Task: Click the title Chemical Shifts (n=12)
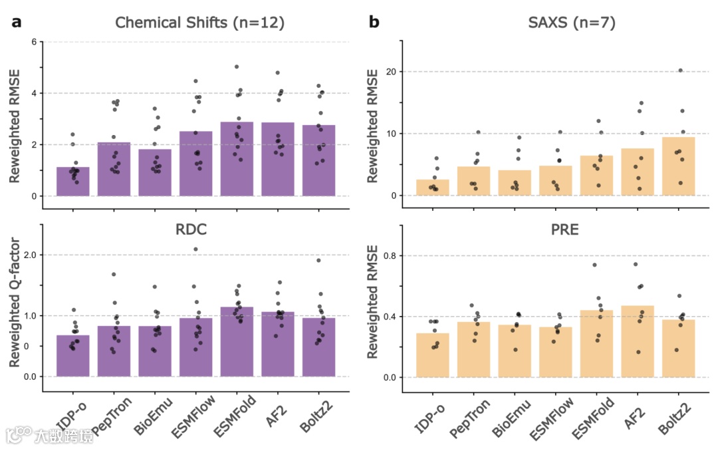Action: pyautogui.click(x=199, y=23)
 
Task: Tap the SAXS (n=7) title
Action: pyautogui.click(x=571, y=23)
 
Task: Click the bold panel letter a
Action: pyautogui.click(x=17, y=22)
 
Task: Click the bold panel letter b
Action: pyautogui.click(x=374, y=22)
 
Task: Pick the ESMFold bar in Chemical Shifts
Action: pyautogui.click(x=237, y=159)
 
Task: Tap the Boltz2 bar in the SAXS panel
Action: pyautogui.click(x=678, y=166)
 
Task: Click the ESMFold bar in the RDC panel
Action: pyautogui.click(x=237, y=342)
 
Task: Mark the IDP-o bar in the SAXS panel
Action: pyautogui.click(x=433, y=188)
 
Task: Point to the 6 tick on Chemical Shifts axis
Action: pyautogui.click(x=33, y=42)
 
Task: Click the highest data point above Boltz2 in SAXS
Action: pyautogui.click(x=680, y=70)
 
